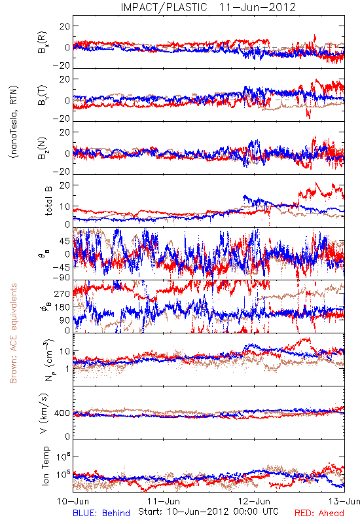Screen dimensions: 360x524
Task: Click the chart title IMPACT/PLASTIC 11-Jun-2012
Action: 208,7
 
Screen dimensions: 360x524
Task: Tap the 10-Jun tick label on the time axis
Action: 73,502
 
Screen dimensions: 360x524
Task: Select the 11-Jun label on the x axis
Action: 164,502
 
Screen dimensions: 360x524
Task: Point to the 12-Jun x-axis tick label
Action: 254,502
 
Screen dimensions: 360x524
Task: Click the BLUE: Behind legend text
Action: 101,514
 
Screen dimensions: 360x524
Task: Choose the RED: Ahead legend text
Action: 319,514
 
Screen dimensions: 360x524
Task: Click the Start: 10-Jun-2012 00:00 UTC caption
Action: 208,512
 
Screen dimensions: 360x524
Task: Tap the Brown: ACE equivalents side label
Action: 13,333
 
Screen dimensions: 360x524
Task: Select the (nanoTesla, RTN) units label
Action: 14,122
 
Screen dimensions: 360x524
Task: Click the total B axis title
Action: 48,201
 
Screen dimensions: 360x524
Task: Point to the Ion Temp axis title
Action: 45,466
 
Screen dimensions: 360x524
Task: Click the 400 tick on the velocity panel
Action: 62,413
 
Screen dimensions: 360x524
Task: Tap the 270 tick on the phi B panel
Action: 62,293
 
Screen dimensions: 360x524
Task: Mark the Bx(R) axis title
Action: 43,43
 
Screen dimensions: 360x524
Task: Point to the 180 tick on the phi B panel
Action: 62,307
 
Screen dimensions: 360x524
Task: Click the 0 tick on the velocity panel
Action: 67,436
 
